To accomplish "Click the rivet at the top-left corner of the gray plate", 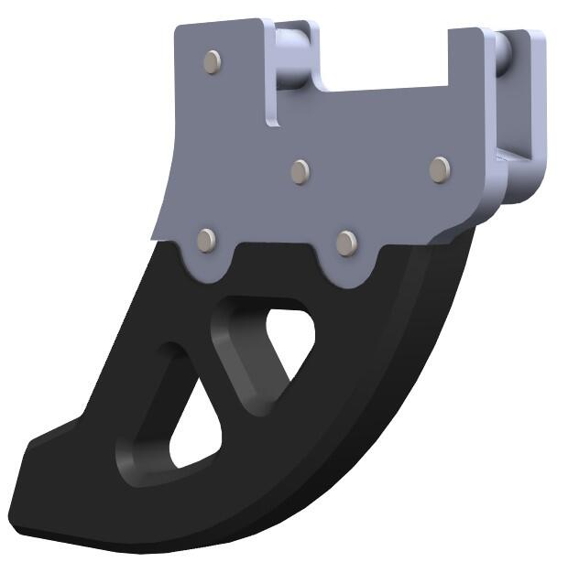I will coord(213,61).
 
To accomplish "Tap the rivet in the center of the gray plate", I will coord(300,171).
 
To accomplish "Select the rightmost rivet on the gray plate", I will coord(440,168).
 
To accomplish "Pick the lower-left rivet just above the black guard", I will coord(207,240).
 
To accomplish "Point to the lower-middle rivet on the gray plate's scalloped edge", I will coord(346,243).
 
